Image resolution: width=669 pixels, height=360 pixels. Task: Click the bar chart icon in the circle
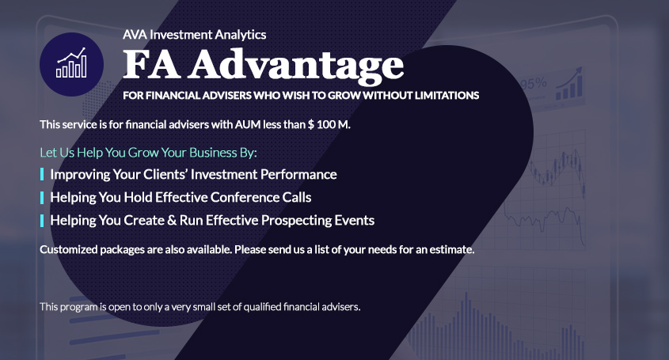[71, 63]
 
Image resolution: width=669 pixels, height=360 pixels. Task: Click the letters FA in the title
[151, 64]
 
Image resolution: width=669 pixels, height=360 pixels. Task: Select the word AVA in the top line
[135, 35]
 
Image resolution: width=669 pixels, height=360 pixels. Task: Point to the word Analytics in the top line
[240, 35]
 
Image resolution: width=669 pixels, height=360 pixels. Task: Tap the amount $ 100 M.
[329, 124]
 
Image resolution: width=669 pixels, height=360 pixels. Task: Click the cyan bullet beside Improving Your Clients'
[42, 174]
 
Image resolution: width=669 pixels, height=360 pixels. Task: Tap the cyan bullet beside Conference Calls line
[42, 198]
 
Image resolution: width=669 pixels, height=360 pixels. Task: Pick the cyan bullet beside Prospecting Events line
[42, 221]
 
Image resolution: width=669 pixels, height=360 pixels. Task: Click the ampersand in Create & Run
[172, 221]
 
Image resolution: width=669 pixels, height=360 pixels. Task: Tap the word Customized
[69, 249]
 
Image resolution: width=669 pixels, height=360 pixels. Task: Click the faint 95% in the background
[534, 84]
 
